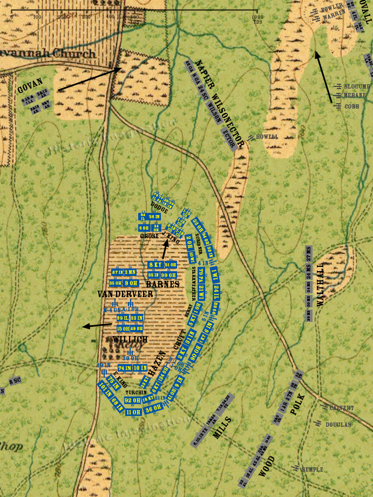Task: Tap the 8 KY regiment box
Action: [155, 265]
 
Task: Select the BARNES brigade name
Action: [162, 284]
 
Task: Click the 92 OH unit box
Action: [133, 400]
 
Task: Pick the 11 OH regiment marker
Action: [133, 412]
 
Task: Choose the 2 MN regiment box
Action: [130, 272]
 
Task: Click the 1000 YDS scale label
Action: [256, 18]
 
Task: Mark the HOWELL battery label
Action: [267, 137]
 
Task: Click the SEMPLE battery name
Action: [312, 469]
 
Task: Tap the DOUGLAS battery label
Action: [338, 425]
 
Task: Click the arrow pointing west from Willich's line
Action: [97, 325]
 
